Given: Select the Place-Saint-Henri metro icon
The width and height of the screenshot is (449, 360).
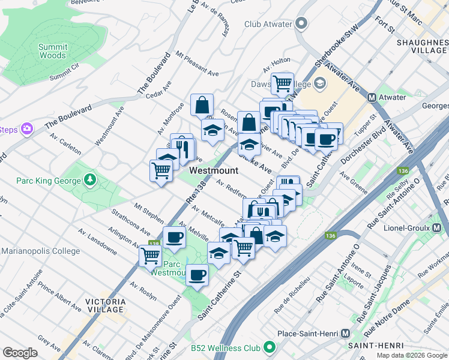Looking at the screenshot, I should [345, 333].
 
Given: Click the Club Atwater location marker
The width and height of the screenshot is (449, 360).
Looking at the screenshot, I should [301, 24].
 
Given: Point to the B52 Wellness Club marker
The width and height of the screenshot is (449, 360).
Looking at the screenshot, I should [270, 347].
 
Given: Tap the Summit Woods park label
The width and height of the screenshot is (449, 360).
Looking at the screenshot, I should [52, 51].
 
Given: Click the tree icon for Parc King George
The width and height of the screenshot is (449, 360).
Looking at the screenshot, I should [90, 180].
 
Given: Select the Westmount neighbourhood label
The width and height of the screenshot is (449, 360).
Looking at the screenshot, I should [214, 170].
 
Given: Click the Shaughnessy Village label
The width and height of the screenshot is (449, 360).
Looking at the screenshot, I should [422, 47].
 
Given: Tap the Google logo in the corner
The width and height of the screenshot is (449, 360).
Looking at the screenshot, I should [20, 352].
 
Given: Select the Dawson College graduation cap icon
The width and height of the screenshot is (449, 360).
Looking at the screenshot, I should [320, 83].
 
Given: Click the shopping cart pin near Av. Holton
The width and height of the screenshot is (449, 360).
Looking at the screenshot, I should [282, 83].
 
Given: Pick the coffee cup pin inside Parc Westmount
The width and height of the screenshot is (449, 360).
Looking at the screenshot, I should [196, 275].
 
